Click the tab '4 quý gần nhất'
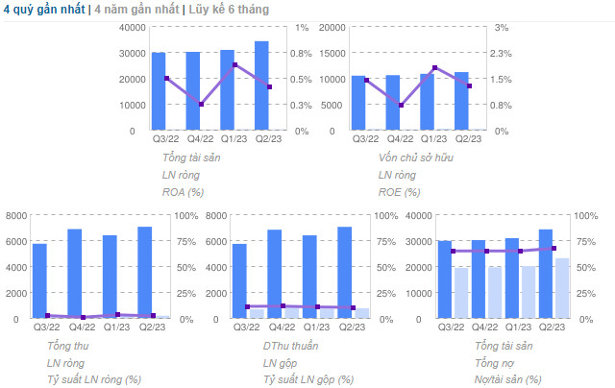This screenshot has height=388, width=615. click(x=43, y=9)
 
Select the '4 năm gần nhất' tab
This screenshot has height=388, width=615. click(x=135, y=9)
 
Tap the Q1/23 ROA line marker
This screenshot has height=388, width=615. click(x=235, y=64)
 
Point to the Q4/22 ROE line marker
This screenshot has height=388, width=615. click(x=400, y=105)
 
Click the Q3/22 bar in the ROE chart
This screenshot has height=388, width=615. click(x=358, y=103)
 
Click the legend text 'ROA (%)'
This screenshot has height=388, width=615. click(x=184, y=191)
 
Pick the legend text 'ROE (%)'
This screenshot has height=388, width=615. click(x=400, y=191)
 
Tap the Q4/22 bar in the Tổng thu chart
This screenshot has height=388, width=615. click(x=74, y=274)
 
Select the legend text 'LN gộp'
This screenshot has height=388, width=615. click(x=280, y=362)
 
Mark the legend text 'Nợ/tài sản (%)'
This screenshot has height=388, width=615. click(x=507, y=379)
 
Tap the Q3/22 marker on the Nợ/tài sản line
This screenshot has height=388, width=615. click(x=452, y=252)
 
